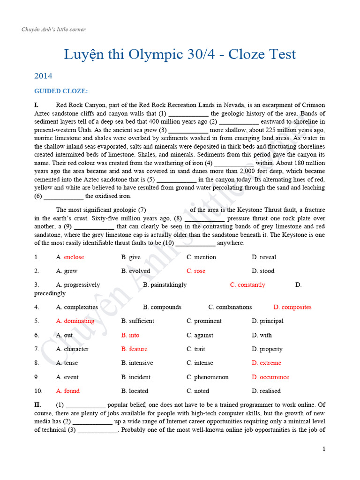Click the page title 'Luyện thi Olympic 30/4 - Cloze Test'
[180, 54]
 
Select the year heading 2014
[43, 75]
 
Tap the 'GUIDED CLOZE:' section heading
[61, 91]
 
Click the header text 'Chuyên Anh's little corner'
[53, 30]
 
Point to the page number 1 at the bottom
[323, 449]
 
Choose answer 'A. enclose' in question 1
[70, 257]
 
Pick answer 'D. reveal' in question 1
[264, 257]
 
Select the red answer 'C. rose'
[196, 271]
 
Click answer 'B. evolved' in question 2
[135, 271]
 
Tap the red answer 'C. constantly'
[247, 285]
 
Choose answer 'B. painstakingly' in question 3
[165, 285]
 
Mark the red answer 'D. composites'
[292, 307]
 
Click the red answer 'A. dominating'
[75, 321]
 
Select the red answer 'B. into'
[130, 335]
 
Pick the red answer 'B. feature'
[134, 349]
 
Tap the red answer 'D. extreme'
[266, 363]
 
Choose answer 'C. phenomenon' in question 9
[208, 377]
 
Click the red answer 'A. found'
[68, 391]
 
